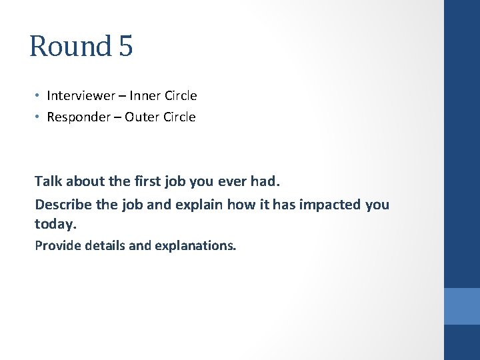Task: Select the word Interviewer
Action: click(79, 96)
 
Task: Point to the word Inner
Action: click(144, 96)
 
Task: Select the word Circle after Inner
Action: click(180, 96)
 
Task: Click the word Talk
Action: click(48, 181)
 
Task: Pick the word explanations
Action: click(195, 245)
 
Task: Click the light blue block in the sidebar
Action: click(462, 306)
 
